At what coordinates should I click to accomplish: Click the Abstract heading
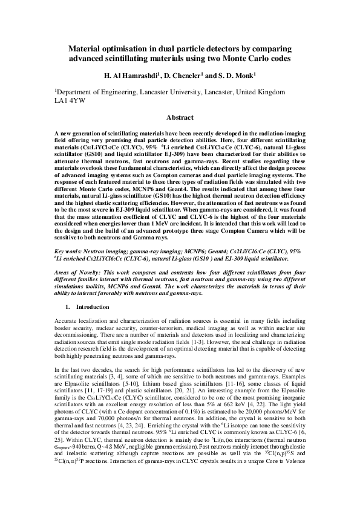tap(179, 118)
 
